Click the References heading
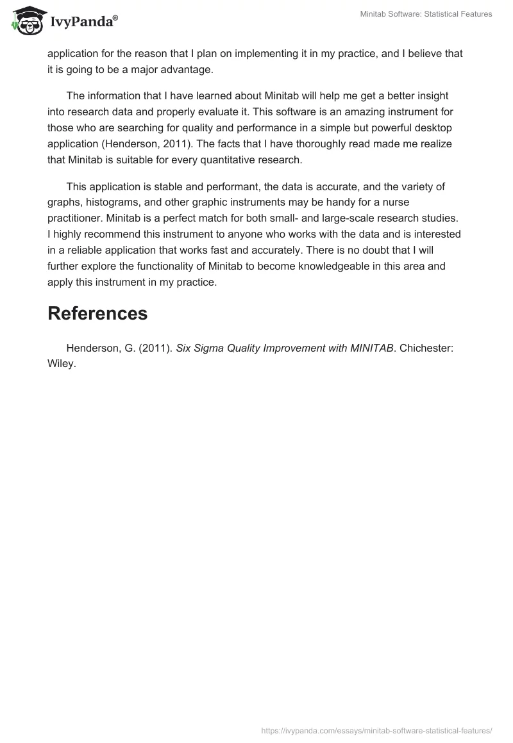[x=97, y=313]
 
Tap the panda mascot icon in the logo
[x=28, y=20]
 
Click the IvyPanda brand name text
[x=84, y=22]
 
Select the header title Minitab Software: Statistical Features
[x=425, y=14]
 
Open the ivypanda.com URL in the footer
[x=376, y=730]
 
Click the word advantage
[x=186, y=69]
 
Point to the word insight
[x=439, y=96]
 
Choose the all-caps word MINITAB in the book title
[x=369, y=348]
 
